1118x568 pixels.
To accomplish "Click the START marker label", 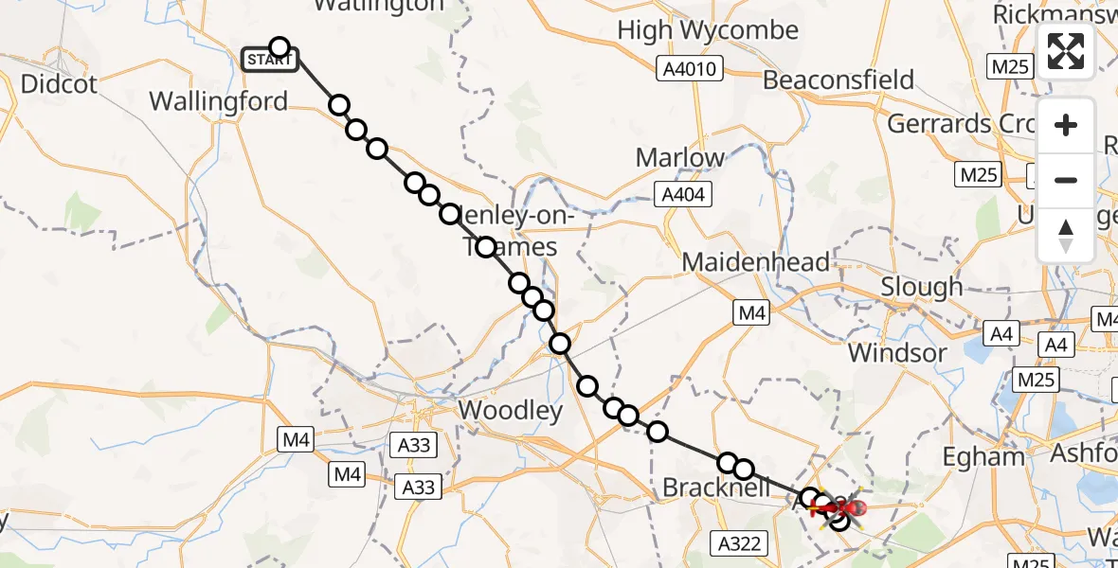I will point(271,61).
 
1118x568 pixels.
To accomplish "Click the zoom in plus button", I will point(1066,125).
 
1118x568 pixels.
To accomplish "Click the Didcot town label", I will point(58,83).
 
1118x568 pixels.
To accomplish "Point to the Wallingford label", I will point(219,101).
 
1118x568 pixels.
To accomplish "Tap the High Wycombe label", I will point(708,30).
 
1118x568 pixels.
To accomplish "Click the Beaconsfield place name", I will point(838,80).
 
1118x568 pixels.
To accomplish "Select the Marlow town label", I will point(680,157).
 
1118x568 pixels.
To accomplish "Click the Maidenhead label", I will point(755,261).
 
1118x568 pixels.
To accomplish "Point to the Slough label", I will point(921,286).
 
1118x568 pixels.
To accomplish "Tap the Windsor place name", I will point(896,353).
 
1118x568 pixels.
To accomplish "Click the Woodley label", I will point(511,410).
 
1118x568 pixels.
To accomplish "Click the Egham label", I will point(983,457).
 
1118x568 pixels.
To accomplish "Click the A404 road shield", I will point(683,194).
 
